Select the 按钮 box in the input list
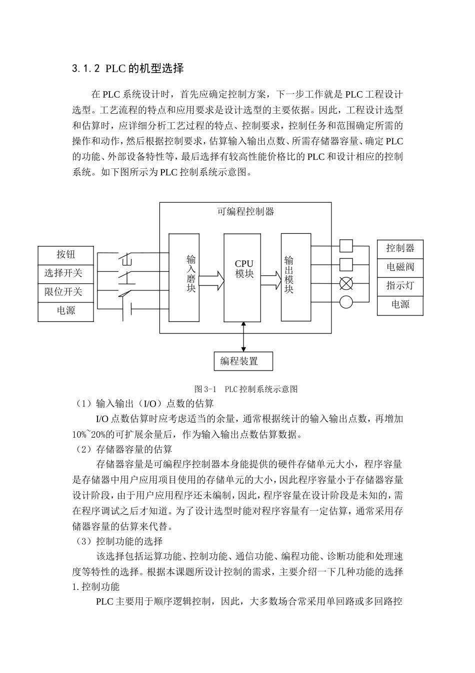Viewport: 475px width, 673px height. (65, 255)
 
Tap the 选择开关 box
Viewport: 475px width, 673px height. (65, 273)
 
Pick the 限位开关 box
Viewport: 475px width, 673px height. (65, 292)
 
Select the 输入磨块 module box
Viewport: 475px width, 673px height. (184, 277)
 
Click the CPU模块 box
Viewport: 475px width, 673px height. (242, 277)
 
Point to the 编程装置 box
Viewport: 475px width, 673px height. (243, 361)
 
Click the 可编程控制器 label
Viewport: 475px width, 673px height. (245, 211)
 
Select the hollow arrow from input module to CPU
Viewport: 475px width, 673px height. (211, 280)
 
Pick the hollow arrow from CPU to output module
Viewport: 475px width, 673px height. (270, 280)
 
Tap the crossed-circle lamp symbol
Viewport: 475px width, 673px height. (346, 283)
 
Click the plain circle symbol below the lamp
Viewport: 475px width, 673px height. (346, 302)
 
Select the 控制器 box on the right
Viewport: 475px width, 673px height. (400, 249)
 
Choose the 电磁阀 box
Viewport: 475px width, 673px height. (400, 267)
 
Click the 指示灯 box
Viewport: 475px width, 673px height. (400, 286)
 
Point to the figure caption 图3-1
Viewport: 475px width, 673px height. (246, 389)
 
